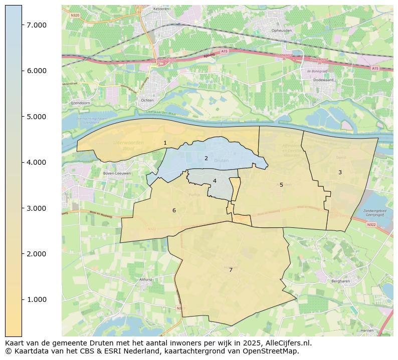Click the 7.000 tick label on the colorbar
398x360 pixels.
click(x=37, y=25)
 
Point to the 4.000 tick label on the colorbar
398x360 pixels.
click(x=37, y=162)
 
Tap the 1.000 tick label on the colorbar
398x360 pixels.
click(x=37, y=299)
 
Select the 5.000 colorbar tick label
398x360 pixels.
click(x=37, y=117)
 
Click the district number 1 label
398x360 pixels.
click(x=165, y=143)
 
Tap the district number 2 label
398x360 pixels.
click(x=206, y=158)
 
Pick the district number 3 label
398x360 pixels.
click(x=340, y=172)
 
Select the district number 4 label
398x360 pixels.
click(x=215, y=181)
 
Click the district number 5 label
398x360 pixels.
click(x=281, y=185)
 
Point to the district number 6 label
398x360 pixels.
click(x=174, y=210)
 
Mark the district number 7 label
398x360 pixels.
click(x=231, y=270)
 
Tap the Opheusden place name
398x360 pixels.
click(x=281, y=30)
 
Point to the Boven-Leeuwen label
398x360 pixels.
click(x=113, y=173)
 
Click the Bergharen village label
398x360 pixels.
click(x=340, y=281)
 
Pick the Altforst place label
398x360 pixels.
click(x=146, y=280)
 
